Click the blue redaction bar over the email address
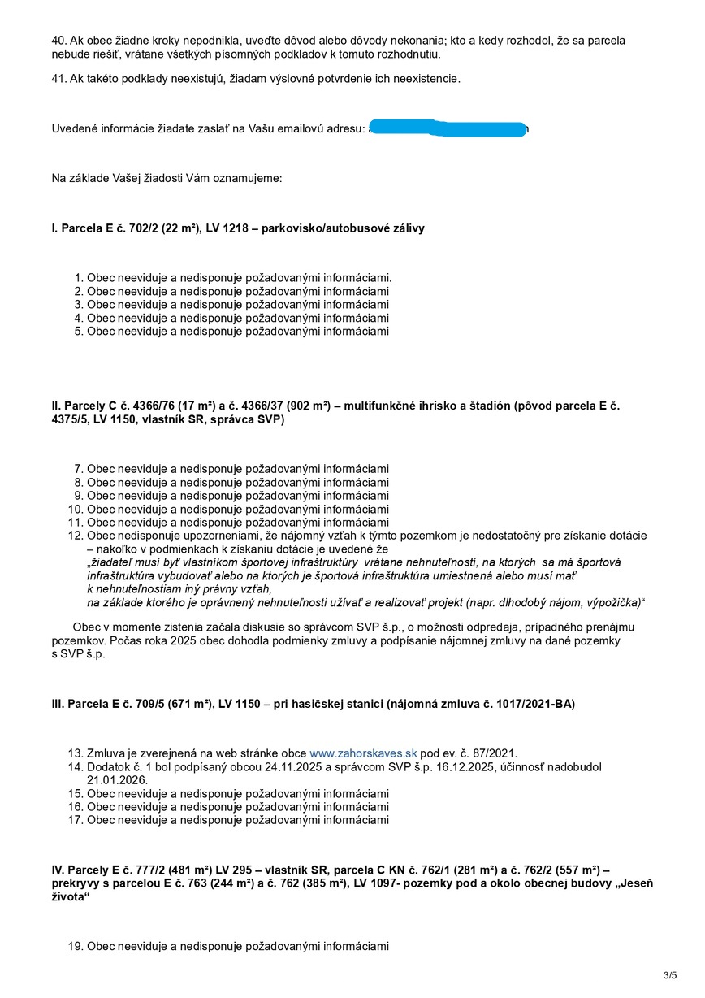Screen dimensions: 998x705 click(448, 128)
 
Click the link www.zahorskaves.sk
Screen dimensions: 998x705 click(363, 753)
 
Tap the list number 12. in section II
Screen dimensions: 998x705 click(76, 536)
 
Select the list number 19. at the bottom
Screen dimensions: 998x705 click(76, 946)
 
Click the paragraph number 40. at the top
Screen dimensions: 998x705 click(59, 40)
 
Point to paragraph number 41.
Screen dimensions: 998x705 click(59, 79)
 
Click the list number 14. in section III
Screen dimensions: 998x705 click(76, 767)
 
